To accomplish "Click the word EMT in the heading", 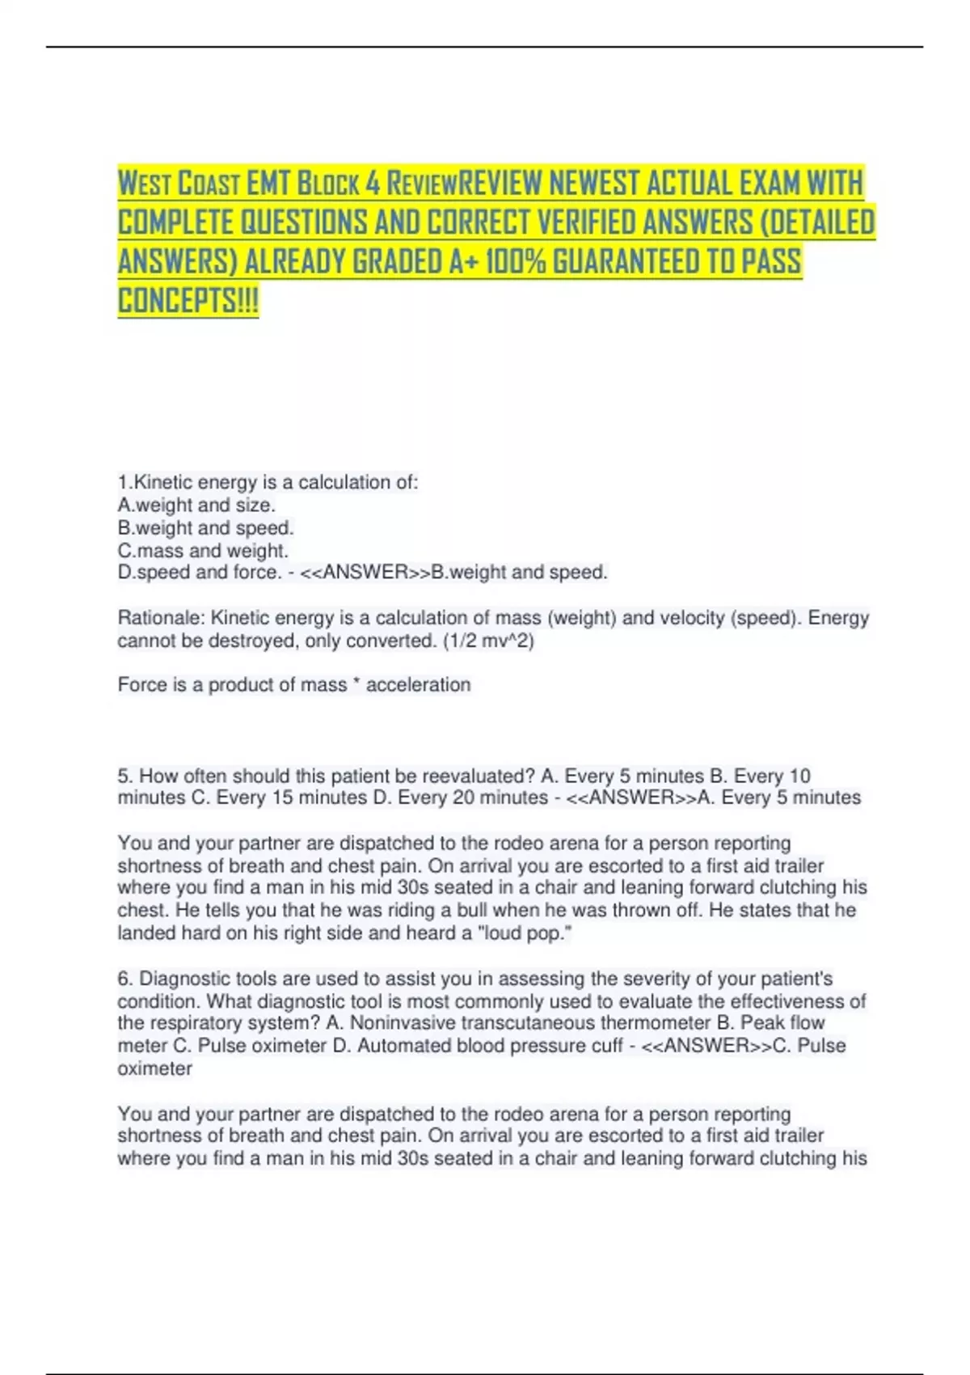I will point(268,184).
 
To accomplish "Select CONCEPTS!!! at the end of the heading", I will point(188,300).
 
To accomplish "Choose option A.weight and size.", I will point(196,506).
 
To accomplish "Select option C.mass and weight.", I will point(203,551).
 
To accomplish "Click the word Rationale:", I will point(161,618).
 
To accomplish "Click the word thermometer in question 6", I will point(656,1023).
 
